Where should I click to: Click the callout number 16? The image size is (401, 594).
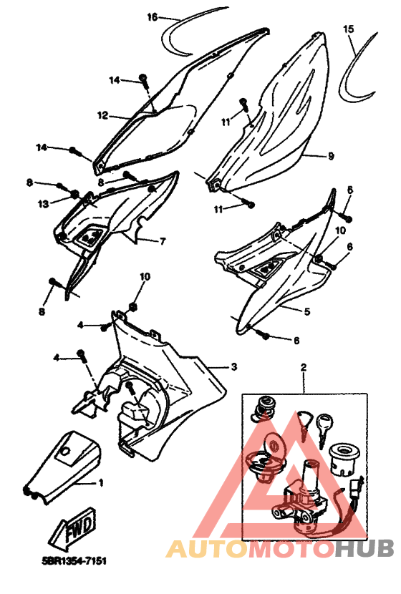pyautogui.click(x=152, y=17)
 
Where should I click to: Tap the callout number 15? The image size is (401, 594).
pyautogui.click(x=348, y=29)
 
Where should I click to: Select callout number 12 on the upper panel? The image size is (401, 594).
pyautogui.click(x=102, y=115)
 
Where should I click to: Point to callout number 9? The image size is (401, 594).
pyautogui.click(x=331, y=156)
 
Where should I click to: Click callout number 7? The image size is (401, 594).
pyautogui.click(x=163, y=241)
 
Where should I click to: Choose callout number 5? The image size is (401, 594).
pyautogui.click(x=307, y=311)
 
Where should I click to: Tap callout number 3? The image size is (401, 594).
pyautogui.click(x=234, y=366)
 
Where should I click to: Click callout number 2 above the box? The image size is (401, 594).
pyautogui.click(x=303, y=367)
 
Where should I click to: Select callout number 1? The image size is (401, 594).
pyautogui.click(x=101, y=483)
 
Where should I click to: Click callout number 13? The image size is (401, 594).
pyautogui.click(x=44, y=204)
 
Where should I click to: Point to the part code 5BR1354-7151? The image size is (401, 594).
pyautogui.click(x=74, y=560)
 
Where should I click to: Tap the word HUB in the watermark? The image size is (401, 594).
pyautogui.click(x=364, y=547)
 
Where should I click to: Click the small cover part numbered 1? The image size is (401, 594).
pyautogui.click(x=62, y=467)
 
